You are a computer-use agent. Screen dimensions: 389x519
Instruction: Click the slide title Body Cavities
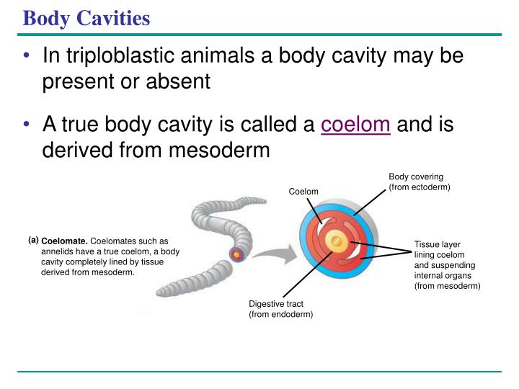tap(86, 18)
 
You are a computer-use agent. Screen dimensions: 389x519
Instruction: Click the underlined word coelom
tap(356, 125)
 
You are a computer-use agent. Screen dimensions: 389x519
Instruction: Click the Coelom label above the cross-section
tap(303, 191)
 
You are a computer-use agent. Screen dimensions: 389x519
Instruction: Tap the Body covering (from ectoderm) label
tap(419, 182)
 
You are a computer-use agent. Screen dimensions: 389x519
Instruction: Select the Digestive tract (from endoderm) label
tap(280, 309)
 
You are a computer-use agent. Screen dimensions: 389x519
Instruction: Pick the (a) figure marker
tap(33, 239)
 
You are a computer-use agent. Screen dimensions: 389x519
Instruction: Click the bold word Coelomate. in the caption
tap(64, 241)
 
